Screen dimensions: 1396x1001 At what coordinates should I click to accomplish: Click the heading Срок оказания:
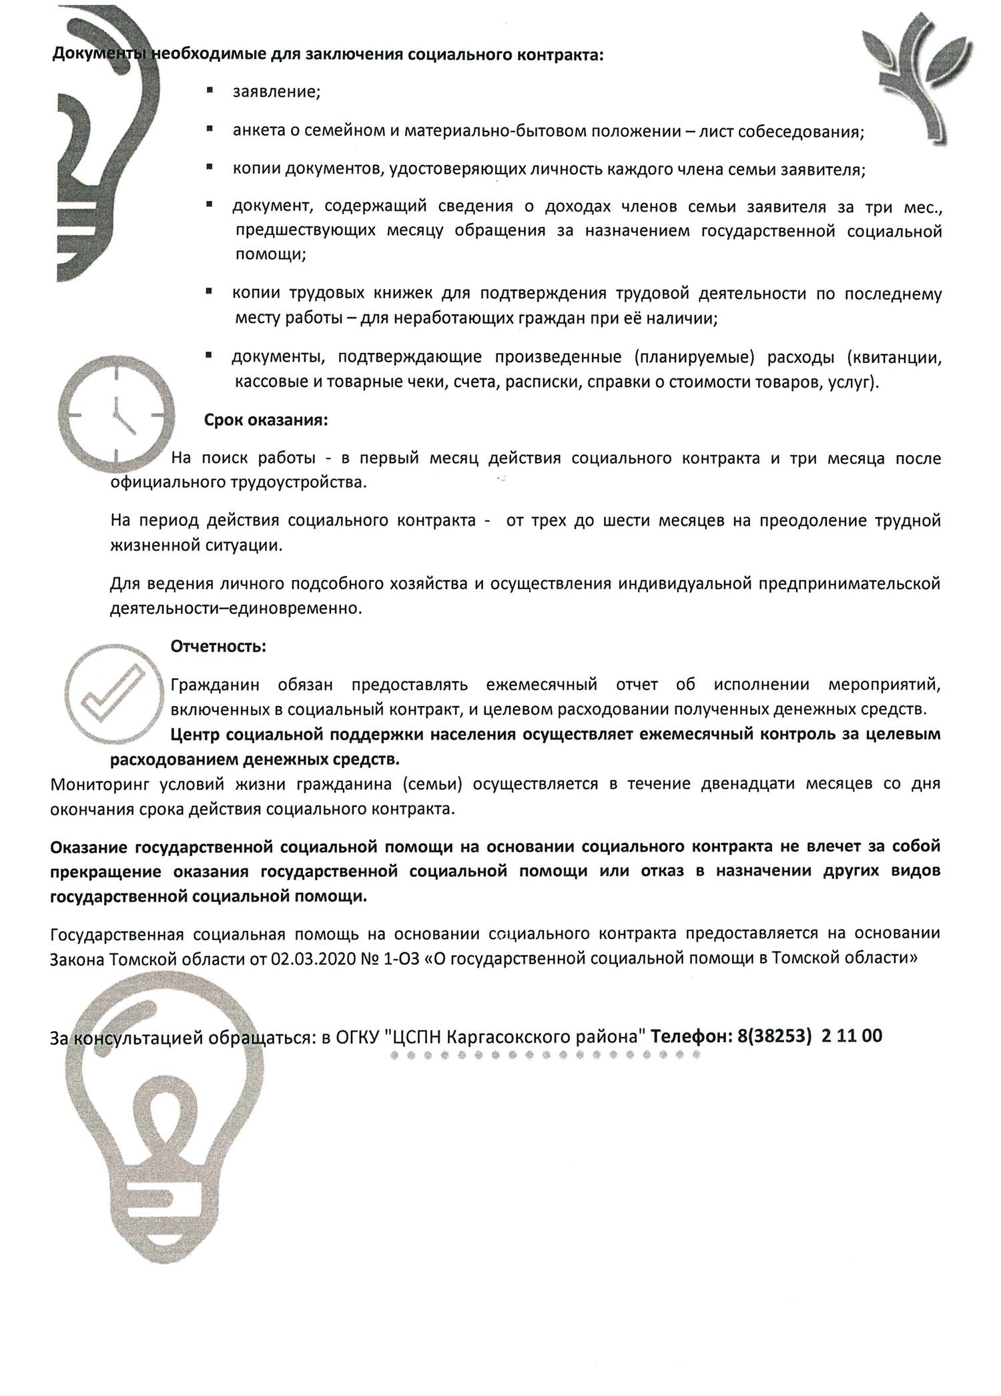tap(266, 421)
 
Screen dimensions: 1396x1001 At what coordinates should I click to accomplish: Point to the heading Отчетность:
tap(218, 647)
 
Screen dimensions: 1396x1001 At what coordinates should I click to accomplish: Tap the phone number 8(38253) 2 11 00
tap(807, 1036)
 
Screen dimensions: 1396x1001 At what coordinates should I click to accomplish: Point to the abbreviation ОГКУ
tap(358, 1037)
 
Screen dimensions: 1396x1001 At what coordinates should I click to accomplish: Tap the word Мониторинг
tap(94, 783)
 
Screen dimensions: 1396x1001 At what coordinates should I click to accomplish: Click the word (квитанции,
tap(894, 358)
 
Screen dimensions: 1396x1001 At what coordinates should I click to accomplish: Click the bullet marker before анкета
tap(210, 128)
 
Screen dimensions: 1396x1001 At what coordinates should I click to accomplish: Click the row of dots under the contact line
tap(544, 1056)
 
